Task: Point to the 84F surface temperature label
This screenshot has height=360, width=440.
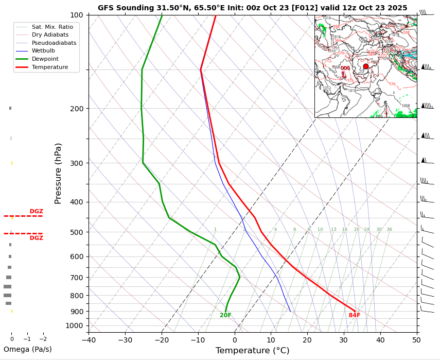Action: (355, 315)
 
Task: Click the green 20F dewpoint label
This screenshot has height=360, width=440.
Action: (225, 315)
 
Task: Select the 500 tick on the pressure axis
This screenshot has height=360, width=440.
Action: (77, 232)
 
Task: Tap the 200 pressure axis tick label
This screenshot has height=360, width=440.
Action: (77, 109)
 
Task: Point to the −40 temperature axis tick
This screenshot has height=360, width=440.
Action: (89, 340)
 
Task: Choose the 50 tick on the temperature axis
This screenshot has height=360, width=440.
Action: (417, 340)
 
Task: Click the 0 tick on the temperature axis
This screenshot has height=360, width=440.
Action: (235, 340)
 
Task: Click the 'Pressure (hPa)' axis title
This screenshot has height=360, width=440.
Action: (58, 173)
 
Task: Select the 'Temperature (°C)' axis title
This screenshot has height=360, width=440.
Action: (252, 351)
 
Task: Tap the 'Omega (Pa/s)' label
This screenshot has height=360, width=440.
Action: (28, 349)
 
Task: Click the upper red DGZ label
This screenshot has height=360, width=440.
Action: (36, 211)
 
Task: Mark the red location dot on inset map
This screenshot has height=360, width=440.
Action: (366, 66)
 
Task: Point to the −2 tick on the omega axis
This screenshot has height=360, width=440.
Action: (43, 339)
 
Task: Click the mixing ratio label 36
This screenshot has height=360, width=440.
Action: (390, 230)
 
